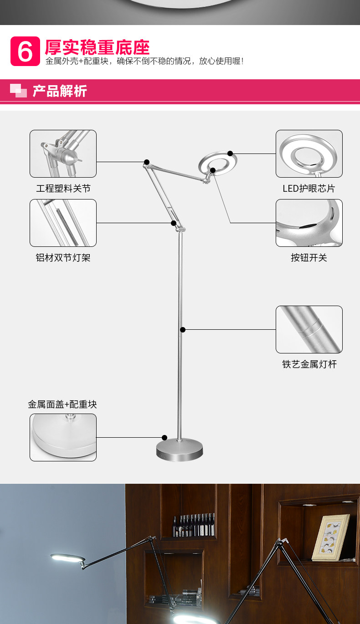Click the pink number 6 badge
(25, 51)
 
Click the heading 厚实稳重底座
(97, 47)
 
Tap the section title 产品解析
(60, 91)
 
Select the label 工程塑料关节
(63, 189)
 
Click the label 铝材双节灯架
(63, 258)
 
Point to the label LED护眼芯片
(309, 189)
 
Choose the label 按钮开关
(309, 258)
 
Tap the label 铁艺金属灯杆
(309, 364)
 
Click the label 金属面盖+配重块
(62, 404)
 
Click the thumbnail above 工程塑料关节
(63, 154)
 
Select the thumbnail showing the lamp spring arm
(63, 223)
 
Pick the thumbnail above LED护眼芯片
(309, 154)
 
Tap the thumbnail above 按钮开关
(309, 223)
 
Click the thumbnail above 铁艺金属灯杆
(309, 330)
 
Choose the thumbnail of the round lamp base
(63, 437)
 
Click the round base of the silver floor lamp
(180, 450)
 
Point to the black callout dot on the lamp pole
(183, 330)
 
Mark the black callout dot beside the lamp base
(165, 438)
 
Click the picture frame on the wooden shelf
(331, 537)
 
